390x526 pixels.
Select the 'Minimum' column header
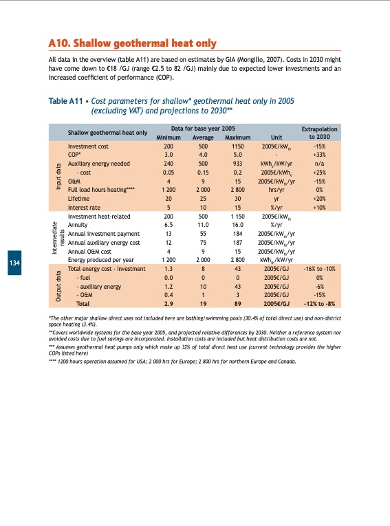[168, 136]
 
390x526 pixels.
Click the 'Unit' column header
[277, 136]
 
